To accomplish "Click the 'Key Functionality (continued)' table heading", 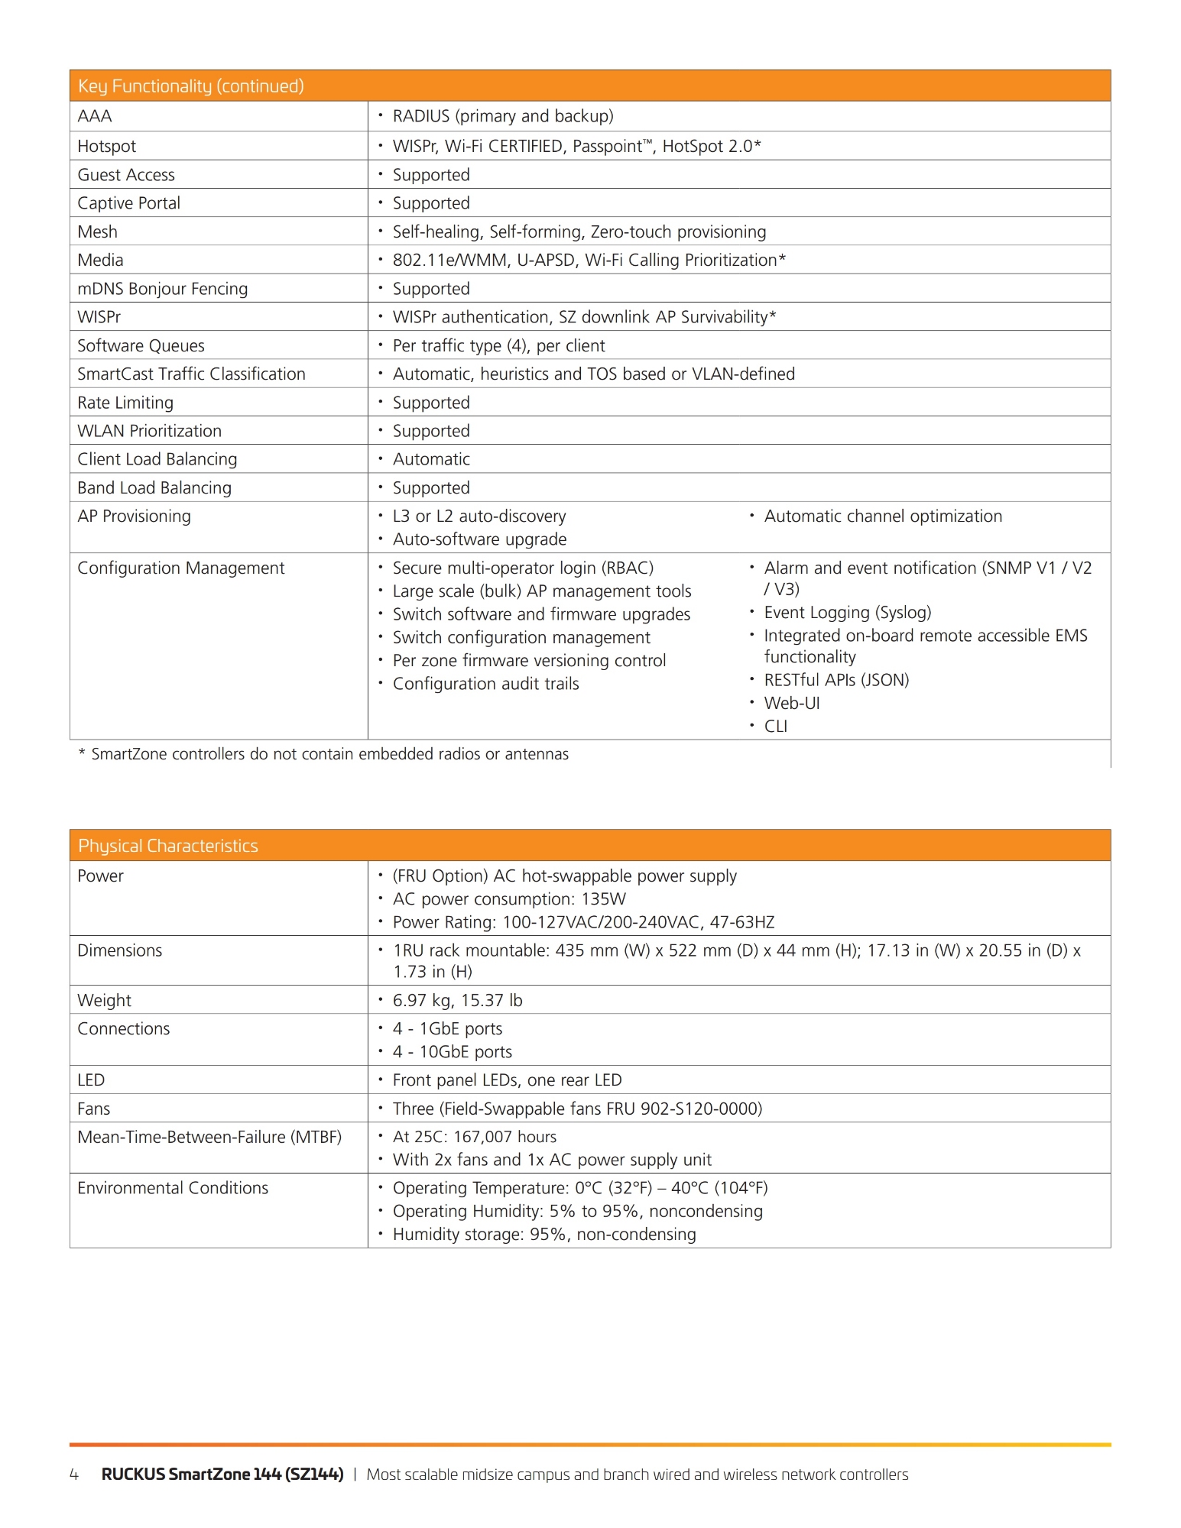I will point(190,86).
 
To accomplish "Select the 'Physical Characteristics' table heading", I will point(167,846).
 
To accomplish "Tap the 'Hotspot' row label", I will point(106,146).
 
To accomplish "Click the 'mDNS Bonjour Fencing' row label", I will point(162,289).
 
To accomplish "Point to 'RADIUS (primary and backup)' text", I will point(502,116).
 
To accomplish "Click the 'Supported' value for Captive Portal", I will point(430,203).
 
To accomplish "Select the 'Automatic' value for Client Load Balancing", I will point(430,459).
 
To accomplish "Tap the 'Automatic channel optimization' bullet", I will point(882,516).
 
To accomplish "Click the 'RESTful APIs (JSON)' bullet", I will point(835,680).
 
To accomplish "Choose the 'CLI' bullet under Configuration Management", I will point(775,726).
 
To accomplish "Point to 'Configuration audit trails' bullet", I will point(485,684).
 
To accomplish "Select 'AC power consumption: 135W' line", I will point(508,899).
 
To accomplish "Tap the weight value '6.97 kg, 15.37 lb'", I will point(457,1000).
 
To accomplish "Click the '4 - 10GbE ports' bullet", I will point(452,1052).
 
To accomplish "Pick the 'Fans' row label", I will point(93,1109).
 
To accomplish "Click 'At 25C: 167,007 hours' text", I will point(474,1137).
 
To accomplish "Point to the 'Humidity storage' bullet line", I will point(543,1235).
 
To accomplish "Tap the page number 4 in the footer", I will point(74,1475).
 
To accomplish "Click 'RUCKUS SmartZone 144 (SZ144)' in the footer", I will point(222,1475).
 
